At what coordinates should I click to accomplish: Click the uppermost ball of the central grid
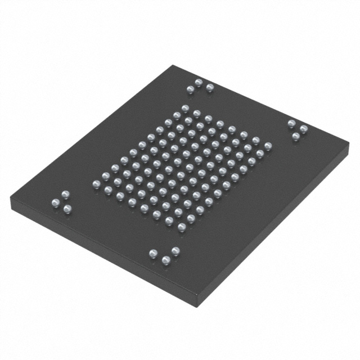(x=184, y=107)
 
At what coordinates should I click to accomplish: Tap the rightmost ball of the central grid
(x=268, y=146)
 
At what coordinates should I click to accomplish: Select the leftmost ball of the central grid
(x=96, y=184)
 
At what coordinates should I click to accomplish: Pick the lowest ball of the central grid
(x=182, y=227)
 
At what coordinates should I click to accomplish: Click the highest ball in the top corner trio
(x=199, y=83)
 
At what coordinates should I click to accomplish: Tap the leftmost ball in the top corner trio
(x=190, y=89)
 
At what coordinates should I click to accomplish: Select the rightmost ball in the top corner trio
(x=210, y=88)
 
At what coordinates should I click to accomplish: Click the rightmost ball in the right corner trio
(x=304, y=129)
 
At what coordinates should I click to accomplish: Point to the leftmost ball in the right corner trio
(x=291, y=124)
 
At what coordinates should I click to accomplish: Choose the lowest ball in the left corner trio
(x=67, y=209)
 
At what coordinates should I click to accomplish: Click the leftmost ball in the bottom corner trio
(x=153, y=254)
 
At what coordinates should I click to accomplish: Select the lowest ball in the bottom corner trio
(x=166, y=260)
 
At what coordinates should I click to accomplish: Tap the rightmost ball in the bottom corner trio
(x=175, y=251)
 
